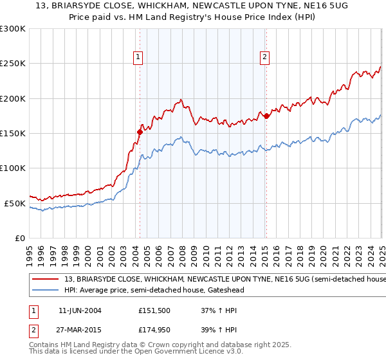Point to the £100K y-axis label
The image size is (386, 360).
[13, 168]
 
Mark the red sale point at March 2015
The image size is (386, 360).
[266, 116]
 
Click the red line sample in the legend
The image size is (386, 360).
[46, 280]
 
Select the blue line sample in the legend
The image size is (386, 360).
[46, 290]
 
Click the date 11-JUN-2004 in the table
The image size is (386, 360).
[80, 310]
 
